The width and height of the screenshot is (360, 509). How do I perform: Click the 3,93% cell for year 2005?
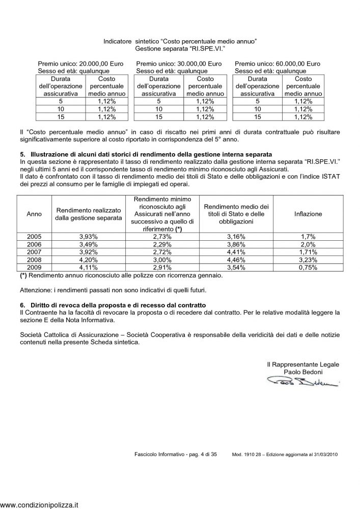[x=89, y=237]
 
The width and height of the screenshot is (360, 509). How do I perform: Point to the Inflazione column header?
[x=308, y=214]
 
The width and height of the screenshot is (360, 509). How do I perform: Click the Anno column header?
[x=31, y=214]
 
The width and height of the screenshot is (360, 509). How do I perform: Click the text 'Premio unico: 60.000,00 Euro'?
[x=278, y=64]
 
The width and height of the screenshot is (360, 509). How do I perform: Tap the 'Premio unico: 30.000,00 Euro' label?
[x=179, y=64]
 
